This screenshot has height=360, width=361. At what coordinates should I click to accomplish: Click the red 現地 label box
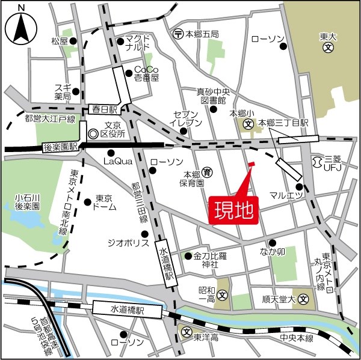pos(234,210)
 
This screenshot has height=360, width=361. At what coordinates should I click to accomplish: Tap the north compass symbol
pos(22,25)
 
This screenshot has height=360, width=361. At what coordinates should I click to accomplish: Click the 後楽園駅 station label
pos(61,147)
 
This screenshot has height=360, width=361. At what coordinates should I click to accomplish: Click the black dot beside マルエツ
pos(299,187)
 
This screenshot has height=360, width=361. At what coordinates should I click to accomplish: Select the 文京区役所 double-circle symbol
pos(93,134)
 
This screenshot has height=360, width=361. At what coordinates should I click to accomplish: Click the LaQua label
pos(117,161)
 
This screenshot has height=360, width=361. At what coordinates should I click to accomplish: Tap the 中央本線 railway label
pos(297,338)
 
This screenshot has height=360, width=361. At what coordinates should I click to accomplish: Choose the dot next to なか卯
pos(272,243)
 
